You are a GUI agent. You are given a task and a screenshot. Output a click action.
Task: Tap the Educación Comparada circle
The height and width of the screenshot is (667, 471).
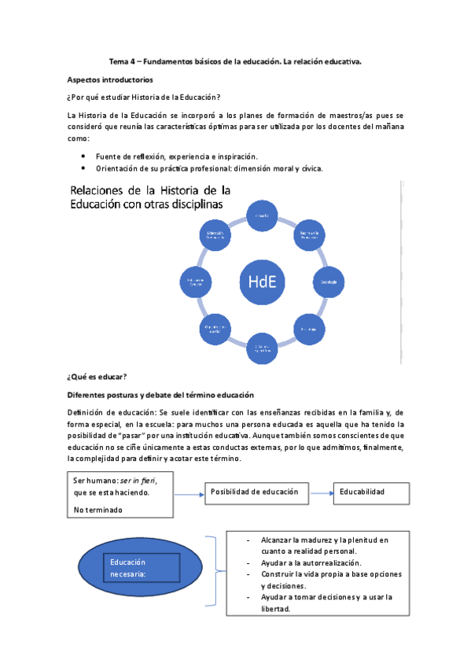(216, 235)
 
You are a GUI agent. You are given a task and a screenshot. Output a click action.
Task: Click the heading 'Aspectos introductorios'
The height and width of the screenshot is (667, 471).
(110, 79)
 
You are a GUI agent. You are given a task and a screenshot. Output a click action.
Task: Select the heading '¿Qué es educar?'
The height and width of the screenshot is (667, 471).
(98, 378)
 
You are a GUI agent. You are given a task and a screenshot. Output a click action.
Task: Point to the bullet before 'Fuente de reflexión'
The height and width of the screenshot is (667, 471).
(83, 156)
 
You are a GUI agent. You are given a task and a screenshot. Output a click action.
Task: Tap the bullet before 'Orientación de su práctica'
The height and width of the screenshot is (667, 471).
(83, 168)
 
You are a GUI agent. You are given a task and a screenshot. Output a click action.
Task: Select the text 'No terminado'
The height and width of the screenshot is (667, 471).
(99, 510)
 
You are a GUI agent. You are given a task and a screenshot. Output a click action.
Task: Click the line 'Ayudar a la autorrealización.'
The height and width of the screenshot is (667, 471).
(311, 562)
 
